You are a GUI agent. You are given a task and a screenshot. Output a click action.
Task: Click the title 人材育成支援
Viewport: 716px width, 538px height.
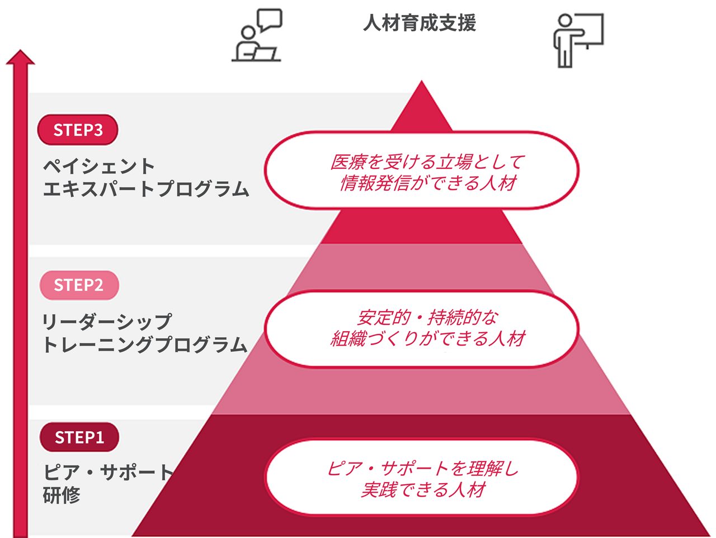pyautogui.click(x=420, y=23)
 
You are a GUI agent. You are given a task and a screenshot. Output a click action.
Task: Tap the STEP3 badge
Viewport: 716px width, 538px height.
pyautogui.click(x=78, y=130)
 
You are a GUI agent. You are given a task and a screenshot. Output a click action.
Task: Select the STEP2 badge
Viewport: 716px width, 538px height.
pyautogui.click(x=78, y=285)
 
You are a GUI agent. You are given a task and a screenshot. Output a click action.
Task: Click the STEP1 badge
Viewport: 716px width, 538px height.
pyautogui.click(x=79, y=437)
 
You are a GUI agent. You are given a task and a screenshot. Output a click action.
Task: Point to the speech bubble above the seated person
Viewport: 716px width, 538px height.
pyautogui.click(x=269, y=20)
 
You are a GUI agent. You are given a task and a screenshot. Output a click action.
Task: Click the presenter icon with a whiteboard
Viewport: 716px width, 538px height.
pyautogui.click(x=578, y=39)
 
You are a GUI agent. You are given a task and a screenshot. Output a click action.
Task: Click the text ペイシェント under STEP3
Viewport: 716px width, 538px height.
pyautogui.click(x=99, y=166)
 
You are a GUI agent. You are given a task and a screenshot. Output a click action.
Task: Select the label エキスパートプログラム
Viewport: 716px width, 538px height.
pyautogui.click(x=145, y=188)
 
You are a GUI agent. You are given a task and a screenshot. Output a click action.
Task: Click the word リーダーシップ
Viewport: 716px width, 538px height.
pyautogui.click(x=106, y=322)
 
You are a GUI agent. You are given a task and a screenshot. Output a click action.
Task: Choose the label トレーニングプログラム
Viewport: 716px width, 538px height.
pyautogui.click(x=144, y=344)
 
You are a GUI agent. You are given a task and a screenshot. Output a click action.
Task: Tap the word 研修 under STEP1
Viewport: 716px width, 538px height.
pyautogui.click(x=62, y=495)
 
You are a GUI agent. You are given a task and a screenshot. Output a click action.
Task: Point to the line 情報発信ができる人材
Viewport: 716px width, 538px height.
pyautogui.click(x=427, y=183)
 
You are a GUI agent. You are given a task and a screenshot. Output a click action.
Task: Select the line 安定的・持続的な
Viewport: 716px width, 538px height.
pyautogui.click(x=427, y=318)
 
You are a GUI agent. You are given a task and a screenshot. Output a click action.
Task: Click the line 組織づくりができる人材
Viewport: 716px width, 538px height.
pyautogui.click(x=427, y=339)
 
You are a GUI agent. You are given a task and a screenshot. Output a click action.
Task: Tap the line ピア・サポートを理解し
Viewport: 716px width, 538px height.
pyautogui.click(x=423, y=468)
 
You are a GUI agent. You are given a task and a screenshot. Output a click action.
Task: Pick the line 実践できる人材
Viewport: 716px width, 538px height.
pyautogui.click(x=423, y=490)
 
